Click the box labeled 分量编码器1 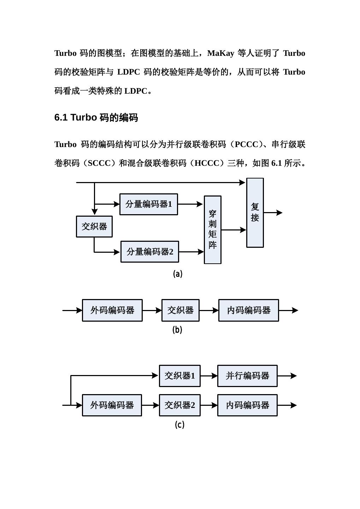(148, 204)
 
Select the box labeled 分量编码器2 (150, 252)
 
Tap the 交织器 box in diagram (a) (94, 227)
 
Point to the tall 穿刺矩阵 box (213, 230)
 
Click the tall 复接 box (255, 212)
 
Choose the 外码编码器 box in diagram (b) (112, 310)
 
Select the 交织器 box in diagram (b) (181, 310)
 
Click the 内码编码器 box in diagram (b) (249, 310)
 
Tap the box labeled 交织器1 (180, 376)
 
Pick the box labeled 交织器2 (180, 405)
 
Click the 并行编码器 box (247, 376)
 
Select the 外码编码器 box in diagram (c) (112, 405)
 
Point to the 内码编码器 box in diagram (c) (247, 405)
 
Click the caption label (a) (178, 274)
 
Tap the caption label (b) (177, 330)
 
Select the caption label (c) (179, 425)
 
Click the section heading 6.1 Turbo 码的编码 (96, 118)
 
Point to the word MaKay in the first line (221, 53)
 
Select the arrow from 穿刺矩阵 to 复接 (234, 230)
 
